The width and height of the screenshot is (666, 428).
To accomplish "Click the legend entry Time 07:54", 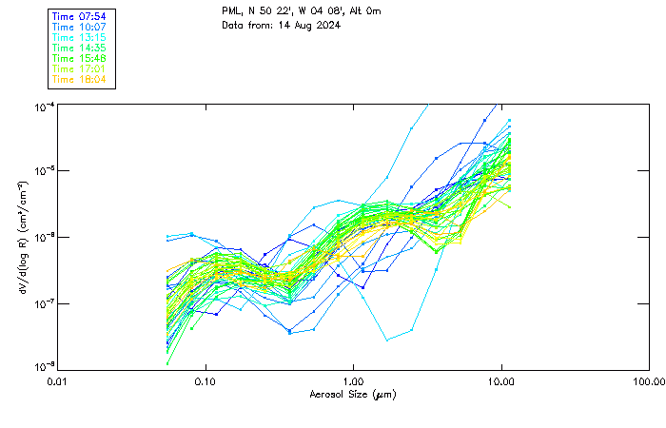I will coord(79,17).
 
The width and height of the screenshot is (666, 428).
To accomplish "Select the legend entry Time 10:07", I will coord(79,28).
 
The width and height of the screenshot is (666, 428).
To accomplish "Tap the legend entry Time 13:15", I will coord(79,38).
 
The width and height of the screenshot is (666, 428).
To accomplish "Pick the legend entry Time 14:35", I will coord(79,48).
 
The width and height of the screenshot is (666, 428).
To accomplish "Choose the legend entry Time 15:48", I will coord(79,58).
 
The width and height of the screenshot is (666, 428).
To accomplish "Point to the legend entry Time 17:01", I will coord(79,68).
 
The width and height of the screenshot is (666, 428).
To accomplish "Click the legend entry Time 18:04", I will coord(79,79).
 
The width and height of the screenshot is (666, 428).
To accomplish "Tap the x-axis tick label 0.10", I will coord(206,381).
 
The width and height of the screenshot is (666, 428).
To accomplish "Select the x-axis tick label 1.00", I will coord(354,381).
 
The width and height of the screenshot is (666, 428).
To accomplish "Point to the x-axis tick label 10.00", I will coord(501,381).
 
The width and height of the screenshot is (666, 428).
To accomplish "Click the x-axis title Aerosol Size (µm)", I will coord(353,394).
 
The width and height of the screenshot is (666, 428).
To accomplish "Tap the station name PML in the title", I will coord(232,10).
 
